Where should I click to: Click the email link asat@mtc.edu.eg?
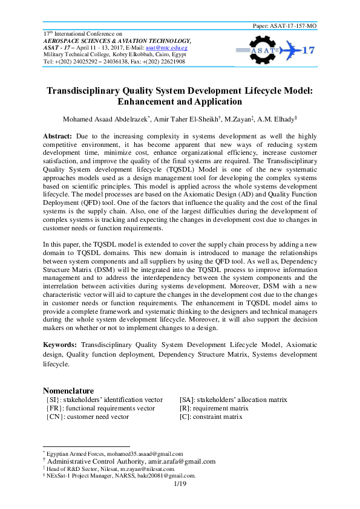(187, 47)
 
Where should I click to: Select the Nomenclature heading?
(68, 391)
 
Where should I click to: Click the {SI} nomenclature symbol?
(53, 400)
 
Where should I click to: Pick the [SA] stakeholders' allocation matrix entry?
(233, 400)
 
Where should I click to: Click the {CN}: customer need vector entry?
(87, 417)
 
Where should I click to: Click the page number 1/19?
(179, 484)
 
